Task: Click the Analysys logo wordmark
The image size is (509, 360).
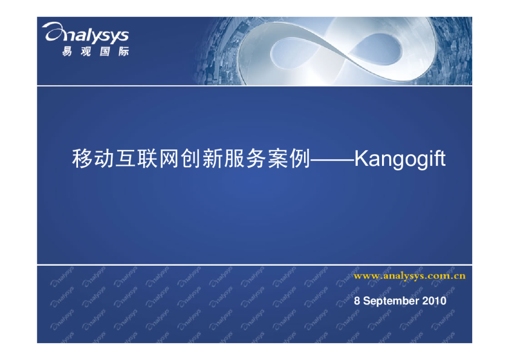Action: (86, 34)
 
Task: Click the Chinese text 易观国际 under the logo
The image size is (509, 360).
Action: (96, 51)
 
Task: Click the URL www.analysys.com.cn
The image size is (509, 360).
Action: (409, 276)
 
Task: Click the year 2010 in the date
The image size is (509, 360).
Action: (435, 301)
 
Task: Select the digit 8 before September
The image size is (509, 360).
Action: (357, 301)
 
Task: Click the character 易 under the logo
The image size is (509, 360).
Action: (68, 51)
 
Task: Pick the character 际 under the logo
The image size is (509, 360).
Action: (123, 51)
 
